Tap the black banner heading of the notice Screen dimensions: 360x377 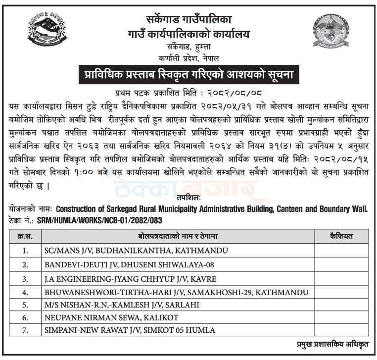[188, 75]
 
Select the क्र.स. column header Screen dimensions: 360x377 [24, 237]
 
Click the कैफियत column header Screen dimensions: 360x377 [341, 237]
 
